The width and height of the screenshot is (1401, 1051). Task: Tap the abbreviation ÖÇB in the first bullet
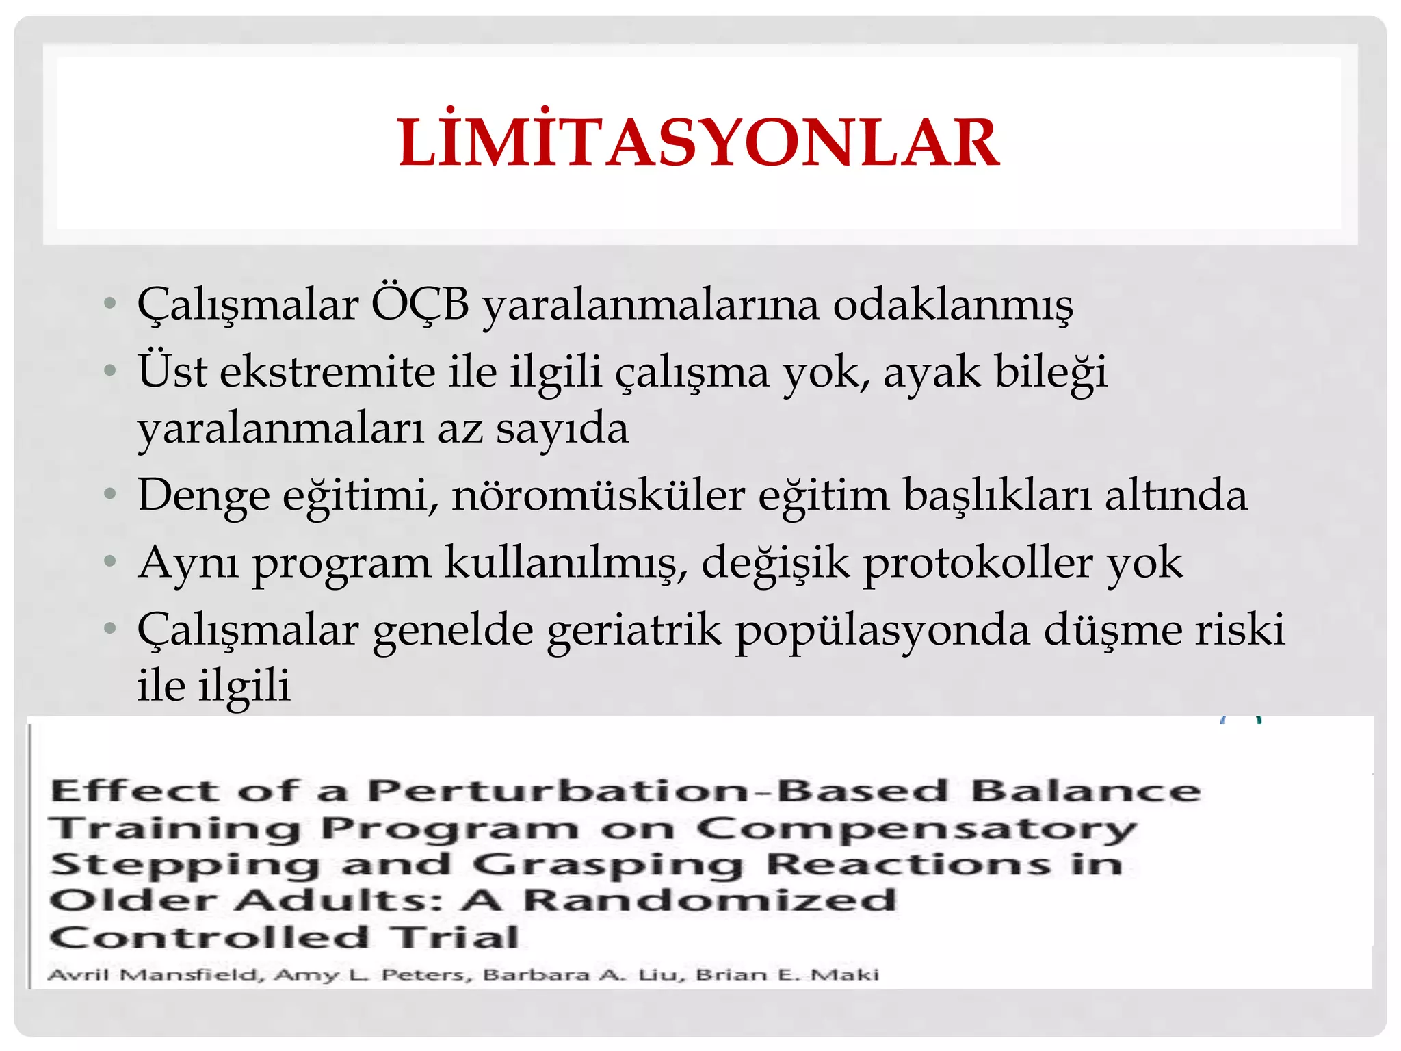(x=420, y=304)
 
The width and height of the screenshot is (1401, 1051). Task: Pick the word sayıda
(x=562, y=429)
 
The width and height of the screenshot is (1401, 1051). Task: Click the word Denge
(x=203, y=495)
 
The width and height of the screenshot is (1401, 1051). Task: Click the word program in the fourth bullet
(x=342, y=564)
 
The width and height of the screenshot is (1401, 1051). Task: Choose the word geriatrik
(x=634, y=630)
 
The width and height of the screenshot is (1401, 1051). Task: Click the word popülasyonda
(x=882, y=630)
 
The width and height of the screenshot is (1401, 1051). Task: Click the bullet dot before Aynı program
(x=110, y=562)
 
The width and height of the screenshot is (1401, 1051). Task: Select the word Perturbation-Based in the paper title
(x=657, y=791)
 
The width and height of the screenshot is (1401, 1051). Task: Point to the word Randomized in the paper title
(x=709, y=900)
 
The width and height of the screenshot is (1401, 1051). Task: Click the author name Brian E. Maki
(x=787, y=974)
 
